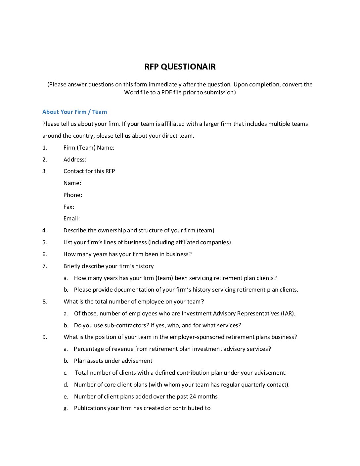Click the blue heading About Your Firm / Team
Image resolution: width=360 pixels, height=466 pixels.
tap(74, 112)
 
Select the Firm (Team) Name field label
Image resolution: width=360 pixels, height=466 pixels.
tap(89, 148)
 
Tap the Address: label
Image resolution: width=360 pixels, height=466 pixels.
tap(75, 160)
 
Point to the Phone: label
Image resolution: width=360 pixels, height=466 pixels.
tap(73, 195)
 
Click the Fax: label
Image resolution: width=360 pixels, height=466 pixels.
tap(69, 207)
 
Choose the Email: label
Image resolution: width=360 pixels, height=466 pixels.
tap(71, 218)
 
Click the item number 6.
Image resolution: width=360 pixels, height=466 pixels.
tap(44, 254)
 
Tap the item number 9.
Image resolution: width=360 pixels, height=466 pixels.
tap(44, 337)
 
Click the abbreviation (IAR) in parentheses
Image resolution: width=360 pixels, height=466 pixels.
tap(288, 313)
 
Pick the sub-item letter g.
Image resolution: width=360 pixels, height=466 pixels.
tap(66, 408)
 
